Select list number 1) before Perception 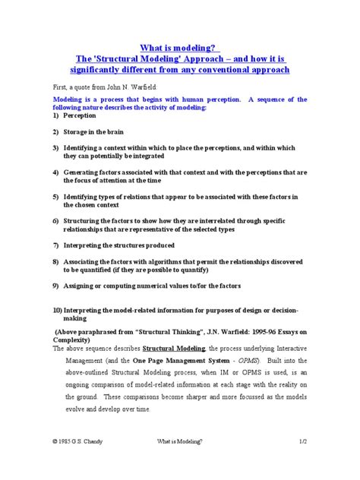56,116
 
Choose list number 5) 56,196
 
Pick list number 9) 56,286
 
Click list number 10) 57,311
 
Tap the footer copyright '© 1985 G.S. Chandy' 81,460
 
